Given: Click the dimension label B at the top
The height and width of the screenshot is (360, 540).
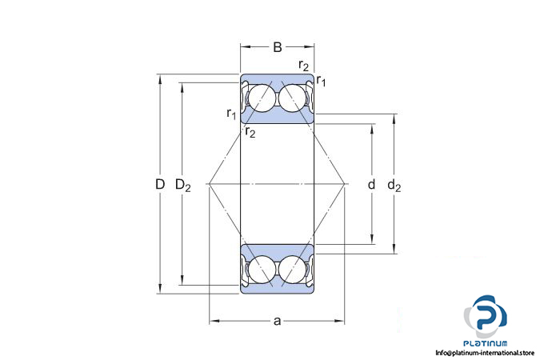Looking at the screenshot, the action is coord(278,47).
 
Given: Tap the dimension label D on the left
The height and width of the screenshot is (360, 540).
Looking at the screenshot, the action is coord(160,184).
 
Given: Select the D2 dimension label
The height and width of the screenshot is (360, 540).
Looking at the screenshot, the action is coord(183,186).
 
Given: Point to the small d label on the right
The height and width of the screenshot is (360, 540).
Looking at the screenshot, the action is coord(371,185).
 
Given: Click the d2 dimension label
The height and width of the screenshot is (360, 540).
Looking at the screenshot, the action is coord(394,186).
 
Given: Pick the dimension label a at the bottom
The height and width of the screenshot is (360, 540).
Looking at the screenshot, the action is coord(278,321).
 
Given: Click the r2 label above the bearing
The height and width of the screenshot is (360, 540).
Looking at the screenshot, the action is coord(304,65).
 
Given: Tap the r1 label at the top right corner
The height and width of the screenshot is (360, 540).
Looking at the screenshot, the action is coord(321,81).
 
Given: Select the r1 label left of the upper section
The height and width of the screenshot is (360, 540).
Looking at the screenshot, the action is coord(231,114).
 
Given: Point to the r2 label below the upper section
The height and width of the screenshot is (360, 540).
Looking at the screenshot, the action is coord(250,132).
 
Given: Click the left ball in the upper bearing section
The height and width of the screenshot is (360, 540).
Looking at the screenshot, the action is coord(262,98).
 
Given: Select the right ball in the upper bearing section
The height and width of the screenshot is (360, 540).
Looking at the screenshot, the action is coord(292,98).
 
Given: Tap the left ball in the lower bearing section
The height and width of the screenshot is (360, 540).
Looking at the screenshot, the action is coord(262,270).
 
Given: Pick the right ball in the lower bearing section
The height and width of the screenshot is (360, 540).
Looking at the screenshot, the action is coord(292,270).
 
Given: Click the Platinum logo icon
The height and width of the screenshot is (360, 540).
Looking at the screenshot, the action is coord(485,316).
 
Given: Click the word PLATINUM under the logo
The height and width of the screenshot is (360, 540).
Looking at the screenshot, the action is coord(486,343).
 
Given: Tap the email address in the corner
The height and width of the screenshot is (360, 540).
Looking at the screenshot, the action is coord(485,353).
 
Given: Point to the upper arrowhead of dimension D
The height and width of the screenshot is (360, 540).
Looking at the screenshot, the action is coord(160,79).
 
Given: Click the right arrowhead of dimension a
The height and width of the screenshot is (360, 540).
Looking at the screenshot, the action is coord(339,321).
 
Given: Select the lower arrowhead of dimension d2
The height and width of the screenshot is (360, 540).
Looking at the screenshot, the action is coord(394,249).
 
